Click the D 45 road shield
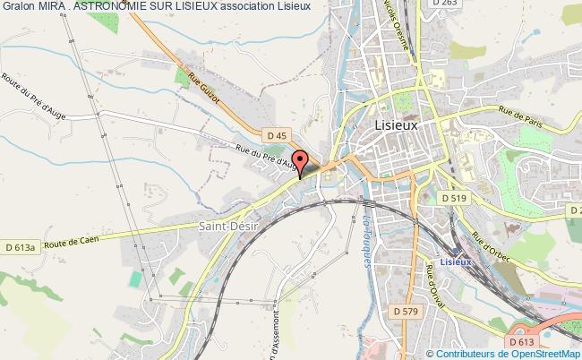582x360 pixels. point(277,135)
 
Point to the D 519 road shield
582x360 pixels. point(453,197)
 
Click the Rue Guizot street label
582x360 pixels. point(202,86)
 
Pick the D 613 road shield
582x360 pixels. point(520,341)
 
